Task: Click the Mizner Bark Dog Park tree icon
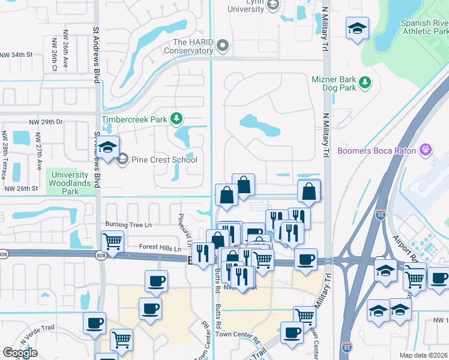pyautogui.click(x=364, y=83)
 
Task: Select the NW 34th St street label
pyautogui.click(x=16, y=55)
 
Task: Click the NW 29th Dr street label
pyautogui.click(x=46, y=122)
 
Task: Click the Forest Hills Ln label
pyautogui.click(x=160, y=247)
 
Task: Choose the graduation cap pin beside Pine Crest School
pyautogui.click(x=108, y=148)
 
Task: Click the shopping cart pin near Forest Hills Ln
pyautogui.click(x=112, y=242)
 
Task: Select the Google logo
pyautogui.click(x=20, y=353)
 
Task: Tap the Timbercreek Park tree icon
pyautogui.click(x=176, y=118)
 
